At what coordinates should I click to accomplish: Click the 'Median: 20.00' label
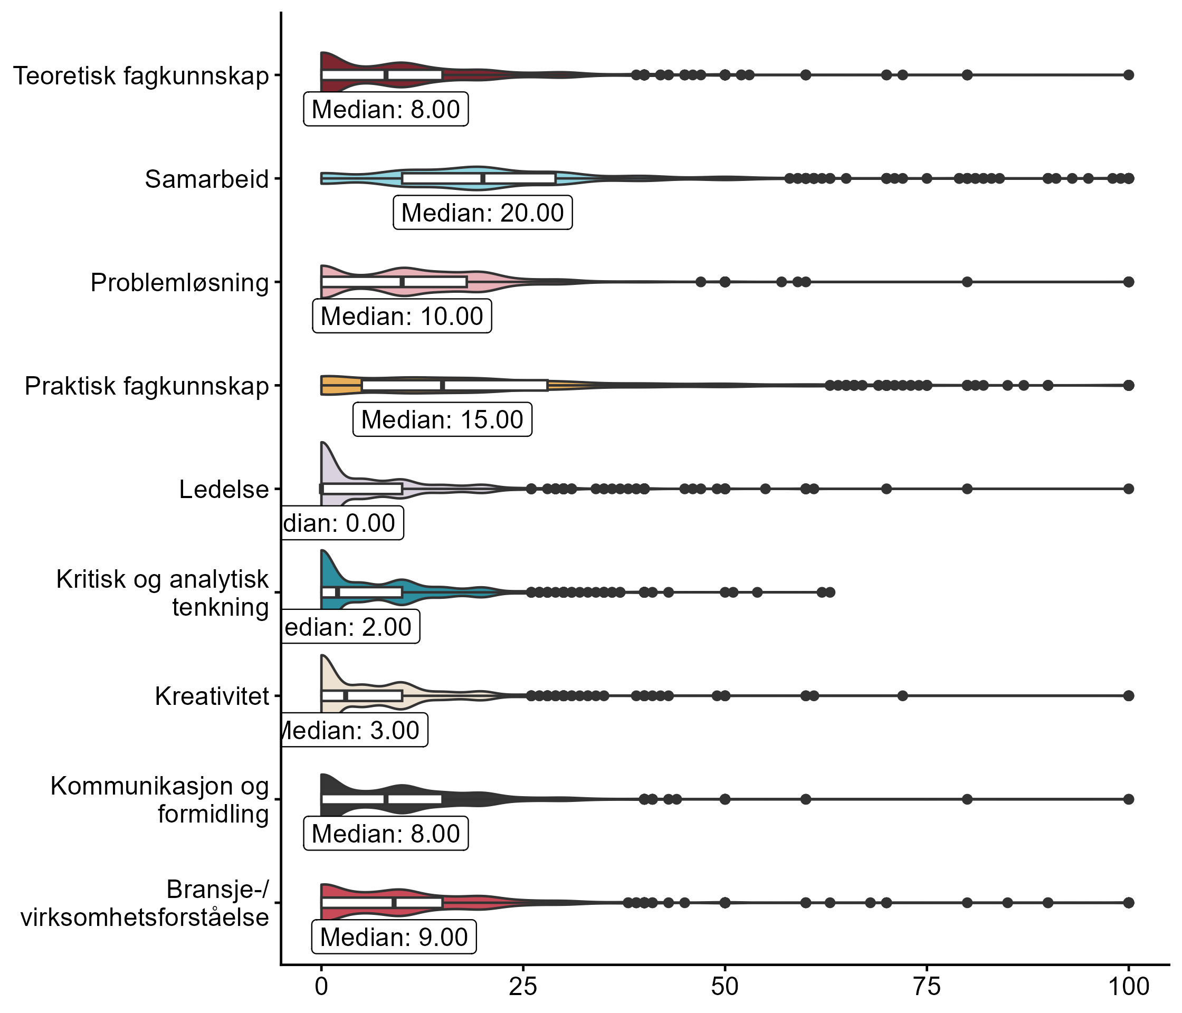(x=482, y=213)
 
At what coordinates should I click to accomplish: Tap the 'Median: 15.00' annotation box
(x=442, y=420)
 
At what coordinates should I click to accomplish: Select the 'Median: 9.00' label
(x=394, y=937)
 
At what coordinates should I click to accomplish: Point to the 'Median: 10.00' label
(x=402, y=316)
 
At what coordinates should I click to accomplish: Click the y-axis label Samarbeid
(x=206, y=179)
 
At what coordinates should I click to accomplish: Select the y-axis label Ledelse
(x=224, y=490)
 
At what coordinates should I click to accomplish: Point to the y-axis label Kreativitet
(x=212, y=696)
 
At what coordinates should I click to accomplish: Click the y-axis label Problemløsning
(x=179, y=283)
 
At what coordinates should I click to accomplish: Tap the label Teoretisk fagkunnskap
(x=140, y=76)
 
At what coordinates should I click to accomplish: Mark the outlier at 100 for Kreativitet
(x=1128, y=695)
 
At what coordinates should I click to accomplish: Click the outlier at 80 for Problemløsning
(x=967, y=282)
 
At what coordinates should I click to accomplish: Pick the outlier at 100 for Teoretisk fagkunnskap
(x=1128, y=75)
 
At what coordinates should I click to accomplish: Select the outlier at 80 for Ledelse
(x=967, y=489)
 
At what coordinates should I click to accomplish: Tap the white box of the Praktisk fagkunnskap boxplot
(x=455, y=385)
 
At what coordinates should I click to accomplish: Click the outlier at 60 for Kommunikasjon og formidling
(x=805, y=799)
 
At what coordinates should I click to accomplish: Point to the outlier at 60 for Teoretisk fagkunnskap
(x=805, y=75)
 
